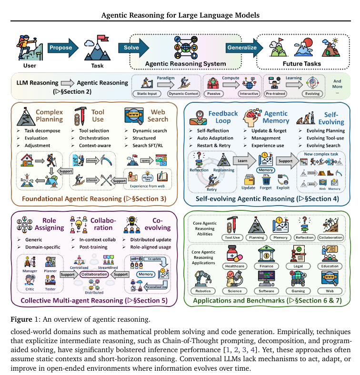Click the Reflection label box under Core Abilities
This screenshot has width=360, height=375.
[x=305, y=237]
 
